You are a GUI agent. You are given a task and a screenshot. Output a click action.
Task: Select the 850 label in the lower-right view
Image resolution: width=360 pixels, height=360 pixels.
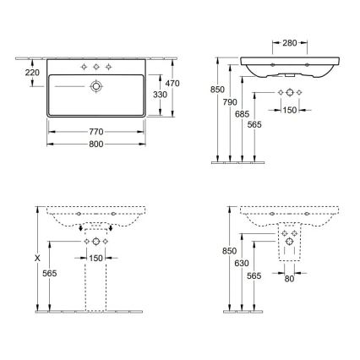click(x=226, y=251)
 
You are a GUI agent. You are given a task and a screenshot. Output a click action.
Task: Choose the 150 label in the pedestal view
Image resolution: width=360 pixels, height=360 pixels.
click(x=95, y=257)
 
